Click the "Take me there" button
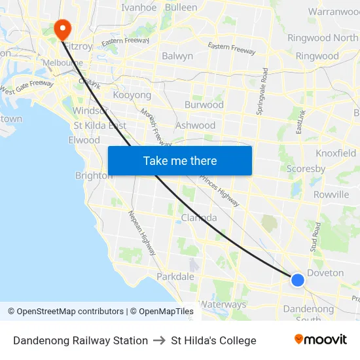coord(179,160)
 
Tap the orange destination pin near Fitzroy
coord(62,27)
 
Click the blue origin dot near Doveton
coord(297,279)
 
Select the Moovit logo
coord(320,340)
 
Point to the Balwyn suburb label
coord(177,56)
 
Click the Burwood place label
coord(204,105)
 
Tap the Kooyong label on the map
coord(132,96)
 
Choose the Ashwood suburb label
coord(195,125)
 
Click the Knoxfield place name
coord(336,153)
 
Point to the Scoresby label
coord(306,169)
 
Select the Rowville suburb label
coord(331,194)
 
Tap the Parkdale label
coord(175,276)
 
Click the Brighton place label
coord(94,175)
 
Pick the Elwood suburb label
coord(84,140)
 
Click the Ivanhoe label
coord(139,8)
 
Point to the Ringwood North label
coord(323,38)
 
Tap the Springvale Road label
coord(262,91)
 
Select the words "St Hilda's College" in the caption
coord(213,340)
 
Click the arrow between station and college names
coord(159,340)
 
